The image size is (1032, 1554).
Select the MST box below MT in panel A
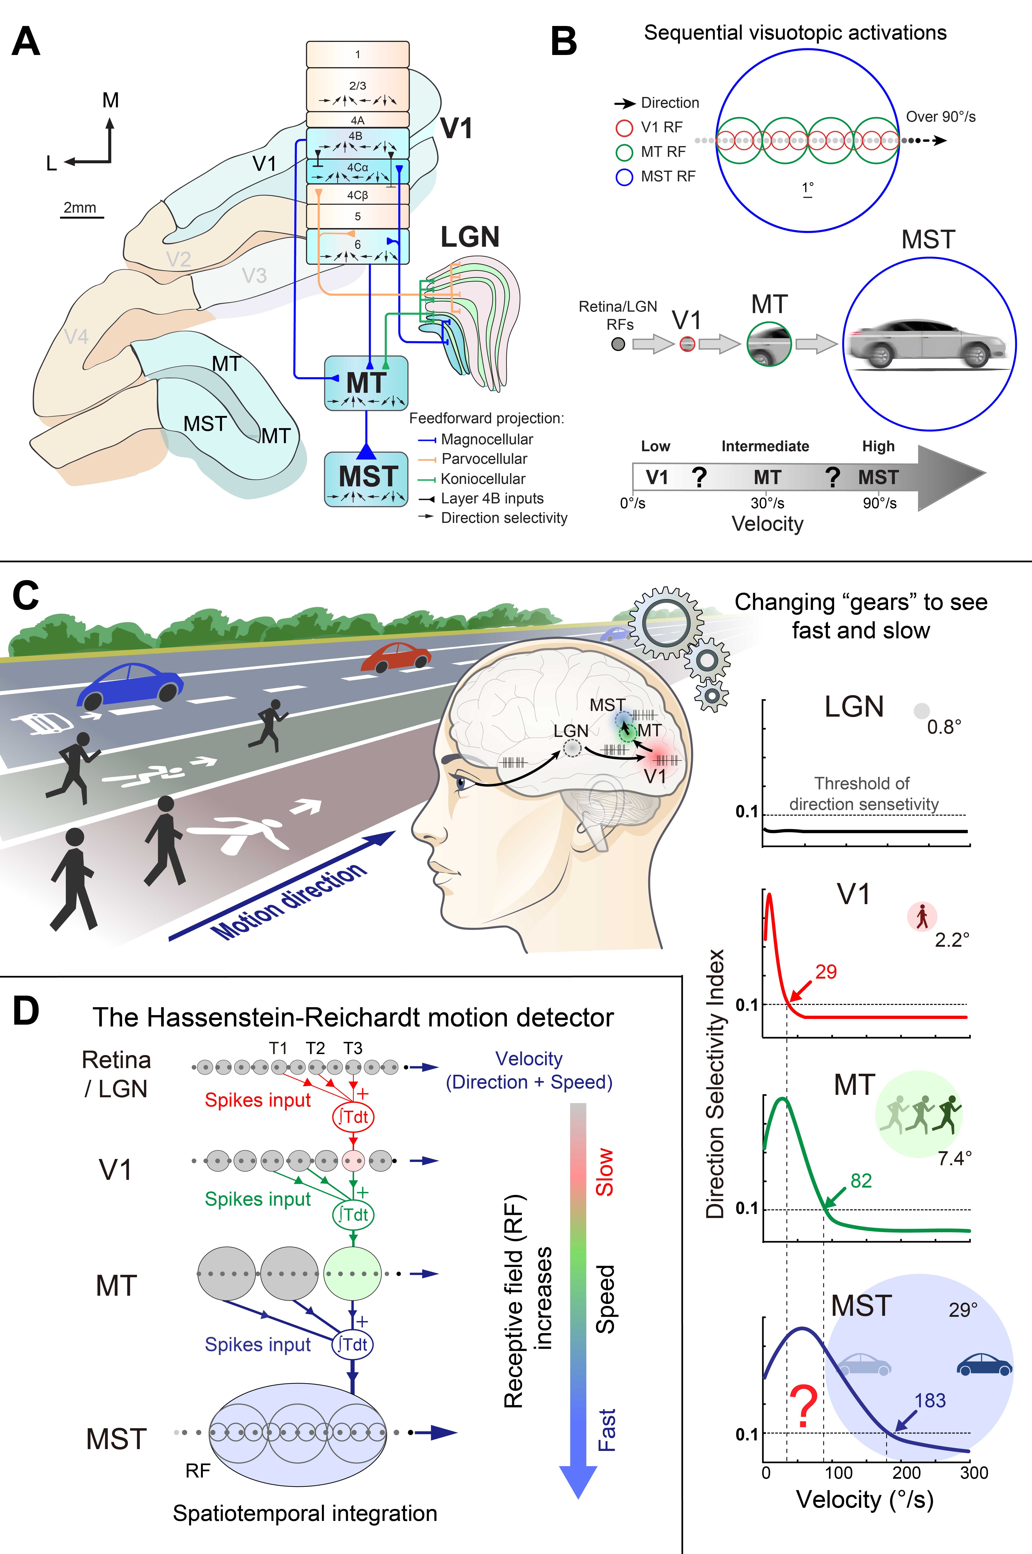click(x=366, y=478)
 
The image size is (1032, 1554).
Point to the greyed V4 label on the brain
click(x=76, y=337)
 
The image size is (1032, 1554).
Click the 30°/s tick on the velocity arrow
click(x=768, y=503)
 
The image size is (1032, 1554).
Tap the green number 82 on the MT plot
click(x=861, y=1181)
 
